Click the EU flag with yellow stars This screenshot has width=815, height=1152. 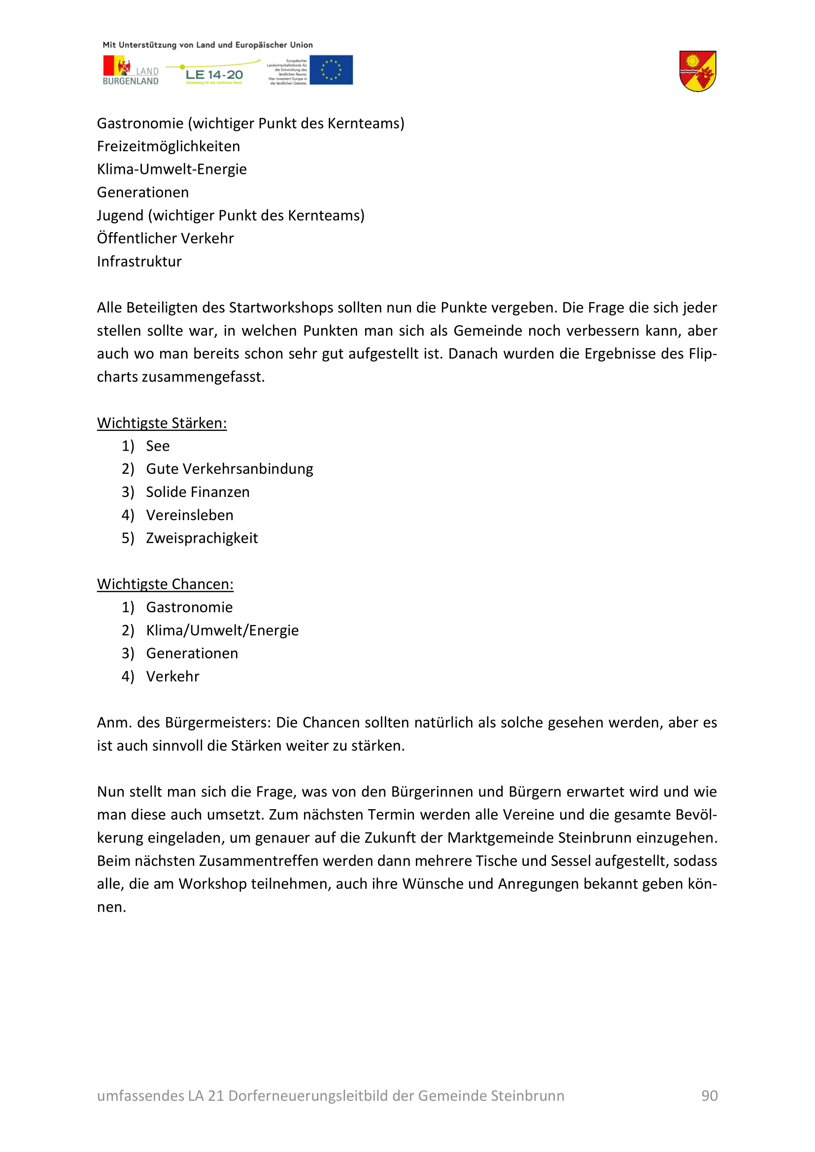[331, 70]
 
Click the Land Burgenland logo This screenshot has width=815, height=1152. [131, 70]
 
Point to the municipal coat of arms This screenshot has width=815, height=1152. [697, 71]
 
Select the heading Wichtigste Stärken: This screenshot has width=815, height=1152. [162, 423]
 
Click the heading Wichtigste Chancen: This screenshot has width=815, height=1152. [165, 584]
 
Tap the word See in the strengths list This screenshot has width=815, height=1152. [158, 446]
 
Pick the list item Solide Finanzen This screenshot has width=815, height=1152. [198, 492]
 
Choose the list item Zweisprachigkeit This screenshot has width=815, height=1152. [202, 538]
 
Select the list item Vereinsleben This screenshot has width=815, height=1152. [190, 515]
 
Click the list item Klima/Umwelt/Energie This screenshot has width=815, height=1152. [222, 630]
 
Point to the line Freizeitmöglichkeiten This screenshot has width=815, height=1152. [168, 146]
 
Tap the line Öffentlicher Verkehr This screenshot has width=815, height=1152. [165, 238]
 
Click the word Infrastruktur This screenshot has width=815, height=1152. [139, 262]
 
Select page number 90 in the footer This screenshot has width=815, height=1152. [709, 1095]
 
